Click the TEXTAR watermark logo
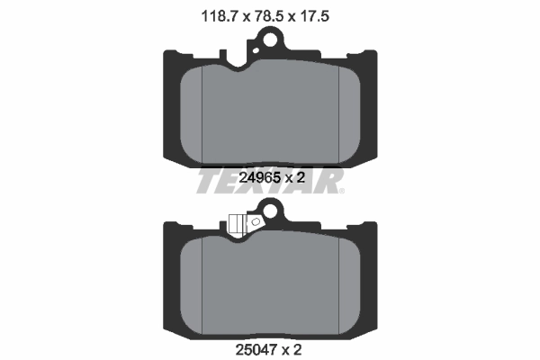[270, 180]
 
